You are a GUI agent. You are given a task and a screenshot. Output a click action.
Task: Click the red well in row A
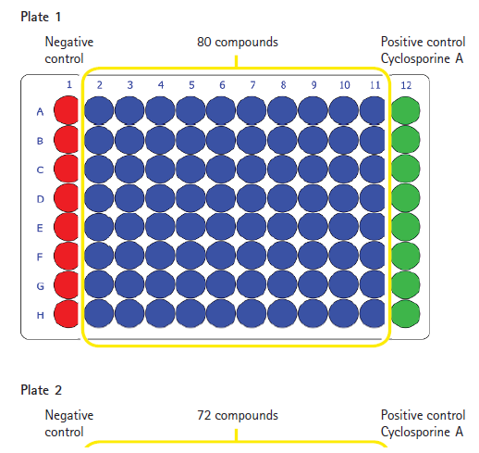point(66,110)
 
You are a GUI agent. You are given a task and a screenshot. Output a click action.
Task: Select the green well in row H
point(405,314)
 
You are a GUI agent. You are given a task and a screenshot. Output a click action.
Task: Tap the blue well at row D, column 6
point(221,197)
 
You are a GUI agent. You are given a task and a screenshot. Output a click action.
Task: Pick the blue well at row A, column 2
point(99,110)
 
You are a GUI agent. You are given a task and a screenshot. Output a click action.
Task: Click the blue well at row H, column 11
point(372,313)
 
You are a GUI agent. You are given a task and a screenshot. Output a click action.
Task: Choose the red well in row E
point(66,227)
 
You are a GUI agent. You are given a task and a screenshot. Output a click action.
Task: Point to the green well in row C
point(405,169)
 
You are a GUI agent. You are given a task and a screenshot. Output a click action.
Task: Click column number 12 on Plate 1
point(406,85)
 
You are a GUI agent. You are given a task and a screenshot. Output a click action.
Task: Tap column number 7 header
point(252,85)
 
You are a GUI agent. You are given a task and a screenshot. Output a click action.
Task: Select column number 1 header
point(69,84)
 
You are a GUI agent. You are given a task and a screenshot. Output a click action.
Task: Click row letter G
point(40,286)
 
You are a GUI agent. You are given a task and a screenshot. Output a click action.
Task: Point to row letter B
point(40,141)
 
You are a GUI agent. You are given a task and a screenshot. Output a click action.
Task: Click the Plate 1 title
point(41,17)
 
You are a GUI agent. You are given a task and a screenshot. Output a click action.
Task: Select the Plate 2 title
point(41,390)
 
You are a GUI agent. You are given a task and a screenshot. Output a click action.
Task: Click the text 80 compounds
point(238,43)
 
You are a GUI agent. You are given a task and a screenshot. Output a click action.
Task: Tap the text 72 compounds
point(238,416)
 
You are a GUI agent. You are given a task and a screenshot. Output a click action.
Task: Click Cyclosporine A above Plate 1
point(422,58)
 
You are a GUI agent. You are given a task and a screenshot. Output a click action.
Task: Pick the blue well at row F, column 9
point(313,256)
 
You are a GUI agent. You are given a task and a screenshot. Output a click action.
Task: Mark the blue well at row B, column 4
point(160,140)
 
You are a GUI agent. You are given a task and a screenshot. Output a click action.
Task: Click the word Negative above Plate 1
point(69,43)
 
